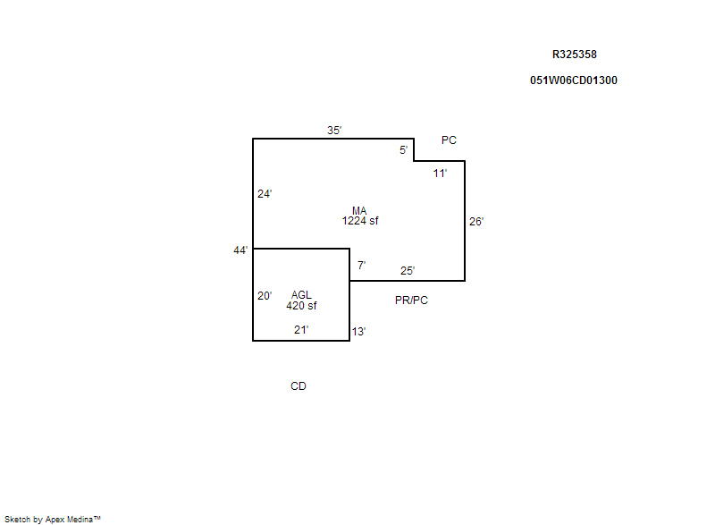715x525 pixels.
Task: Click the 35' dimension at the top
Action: click(334, 131)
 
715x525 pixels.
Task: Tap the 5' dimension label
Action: click(404, 150)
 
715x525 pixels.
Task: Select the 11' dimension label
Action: click(440, 174)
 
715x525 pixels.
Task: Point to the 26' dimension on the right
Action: click(476, 222)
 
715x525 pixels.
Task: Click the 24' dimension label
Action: click(265, 194)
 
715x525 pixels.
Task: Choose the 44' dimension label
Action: click(240, 250)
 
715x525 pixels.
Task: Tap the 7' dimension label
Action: click(362, 265)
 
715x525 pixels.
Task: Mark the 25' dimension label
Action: click(408, 271)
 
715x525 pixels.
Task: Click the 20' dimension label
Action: click(265, 296)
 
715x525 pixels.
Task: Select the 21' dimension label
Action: click(301, 330)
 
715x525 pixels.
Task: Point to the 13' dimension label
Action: click(359, 332)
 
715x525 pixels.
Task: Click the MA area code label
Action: click(359, 211)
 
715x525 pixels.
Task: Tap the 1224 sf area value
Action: click(360, 221)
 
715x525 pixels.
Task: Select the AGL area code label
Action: click(301, 295)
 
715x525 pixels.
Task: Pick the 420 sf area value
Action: click(301, 306)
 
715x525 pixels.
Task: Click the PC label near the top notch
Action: click(450, 140)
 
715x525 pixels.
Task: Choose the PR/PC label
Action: click(411, 301)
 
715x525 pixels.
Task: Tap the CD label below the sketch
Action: click(299, 386)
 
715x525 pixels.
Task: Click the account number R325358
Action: click(575, 55)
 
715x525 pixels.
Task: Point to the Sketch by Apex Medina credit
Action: click(53, 519)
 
